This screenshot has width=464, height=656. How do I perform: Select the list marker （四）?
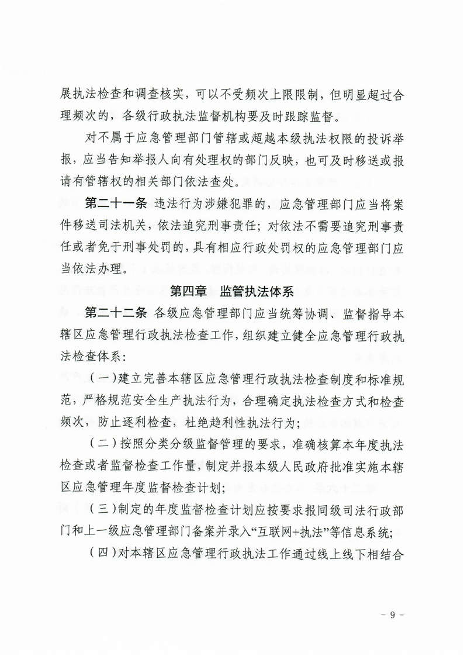(x=102, y=560)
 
